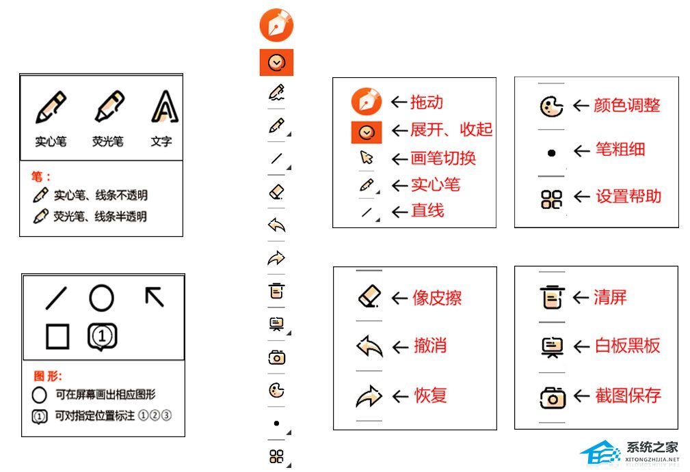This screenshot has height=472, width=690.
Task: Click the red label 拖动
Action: click(x=427, y=102)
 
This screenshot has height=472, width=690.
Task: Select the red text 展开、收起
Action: click(x=451, y=130)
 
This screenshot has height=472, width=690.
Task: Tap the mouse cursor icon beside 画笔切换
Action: click(x=366, y=157)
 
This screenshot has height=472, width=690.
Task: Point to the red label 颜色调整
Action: click(x=626, y=105)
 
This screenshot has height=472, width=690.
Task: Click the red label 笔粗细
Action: click(x=620, y=150)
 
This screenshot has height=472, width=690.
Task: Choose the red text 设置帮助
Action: click(x=628, y=196)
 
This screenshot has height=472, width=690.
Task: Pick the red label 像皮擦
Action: click(x=437, y=298)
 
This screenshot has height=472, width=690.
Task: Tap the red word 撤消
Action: click(x=430, y=346)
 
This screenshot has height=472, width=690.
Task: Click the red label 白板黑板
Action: click(x=628, y=346)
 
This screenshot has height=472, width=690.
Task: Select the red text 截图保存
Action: click(x=628, y=395)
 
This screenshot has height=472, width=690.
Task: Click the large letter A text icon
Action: click(x=165, y=106)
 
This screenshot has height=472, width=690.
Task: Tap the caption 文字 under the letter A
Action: click(x=161, y=141)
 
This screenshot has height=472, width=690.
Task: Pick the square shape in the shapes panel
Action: click(x=57, y=337)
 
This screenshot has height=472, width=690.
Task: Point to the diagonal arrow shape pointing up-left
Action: click(x=155, y=296)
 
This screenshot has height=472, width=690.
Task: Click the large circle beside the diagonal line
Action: click(x=102, y=298)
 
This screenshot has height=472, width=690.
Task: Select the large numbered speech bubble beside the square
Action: click(x=102, y=337)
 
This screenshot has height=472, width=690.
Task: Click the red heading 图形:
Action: click(x=48, y=376)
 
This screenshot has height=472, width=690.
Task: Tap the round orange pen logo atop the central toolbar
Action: click(x=276, y=25)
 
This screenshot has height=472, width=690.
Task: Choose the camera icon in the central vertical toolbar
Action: click(x=277, y=357)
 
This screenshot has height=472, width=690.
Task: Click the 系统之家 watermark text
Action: click(x=652, y=447)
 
